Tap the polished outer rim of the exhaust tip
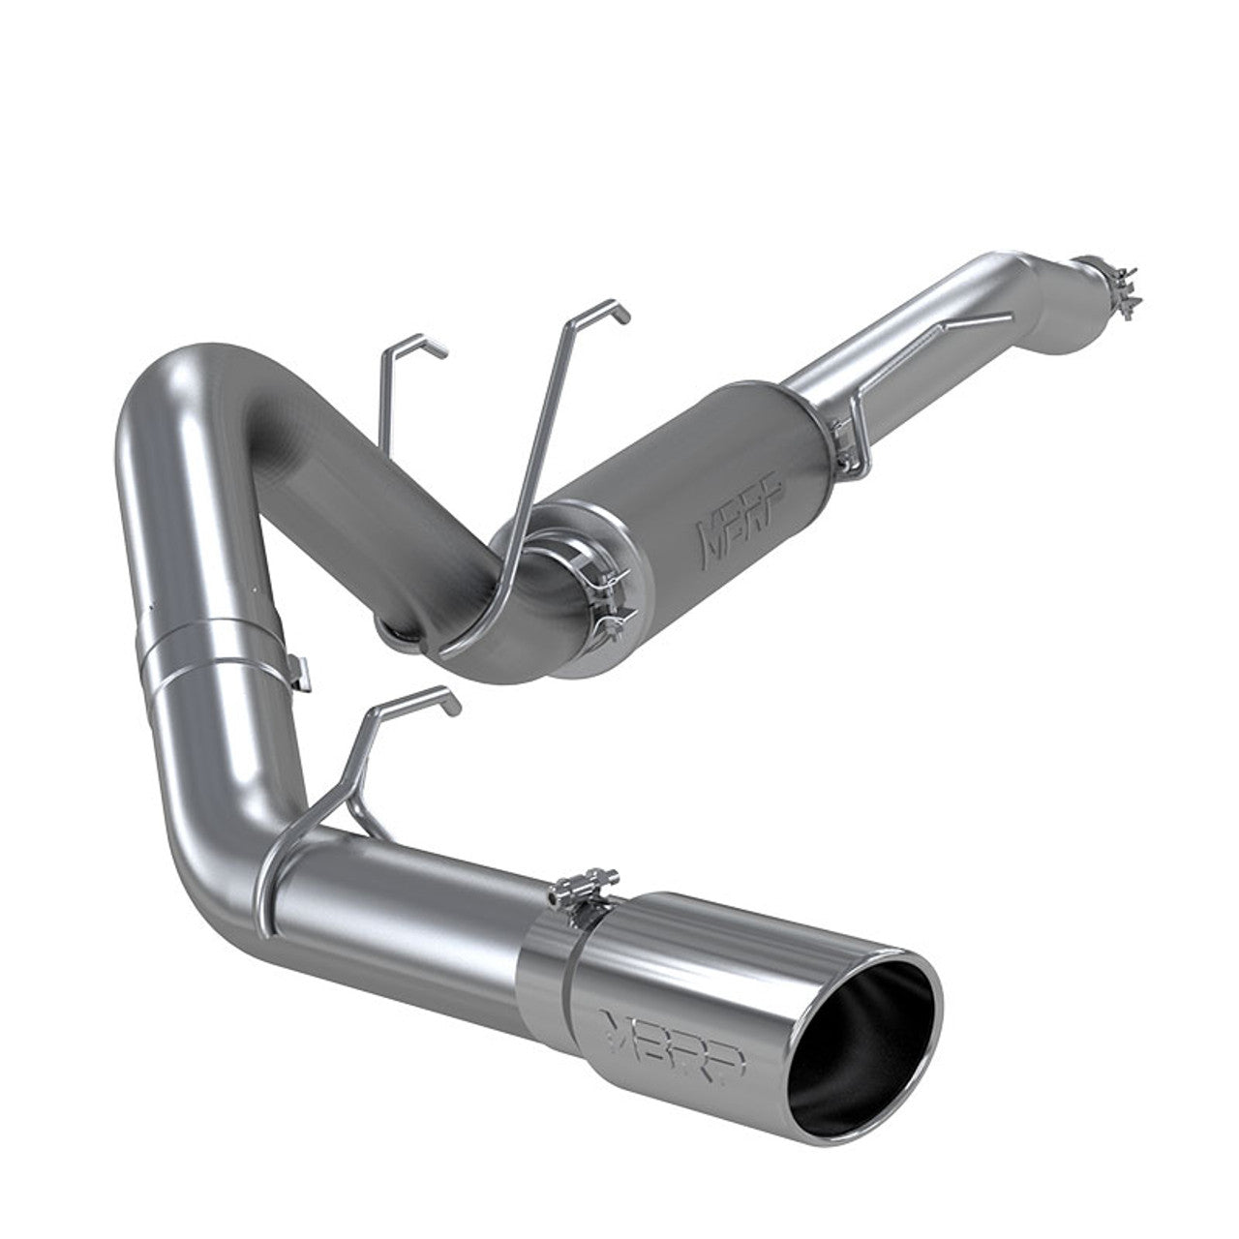[x=929, y=1007]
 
